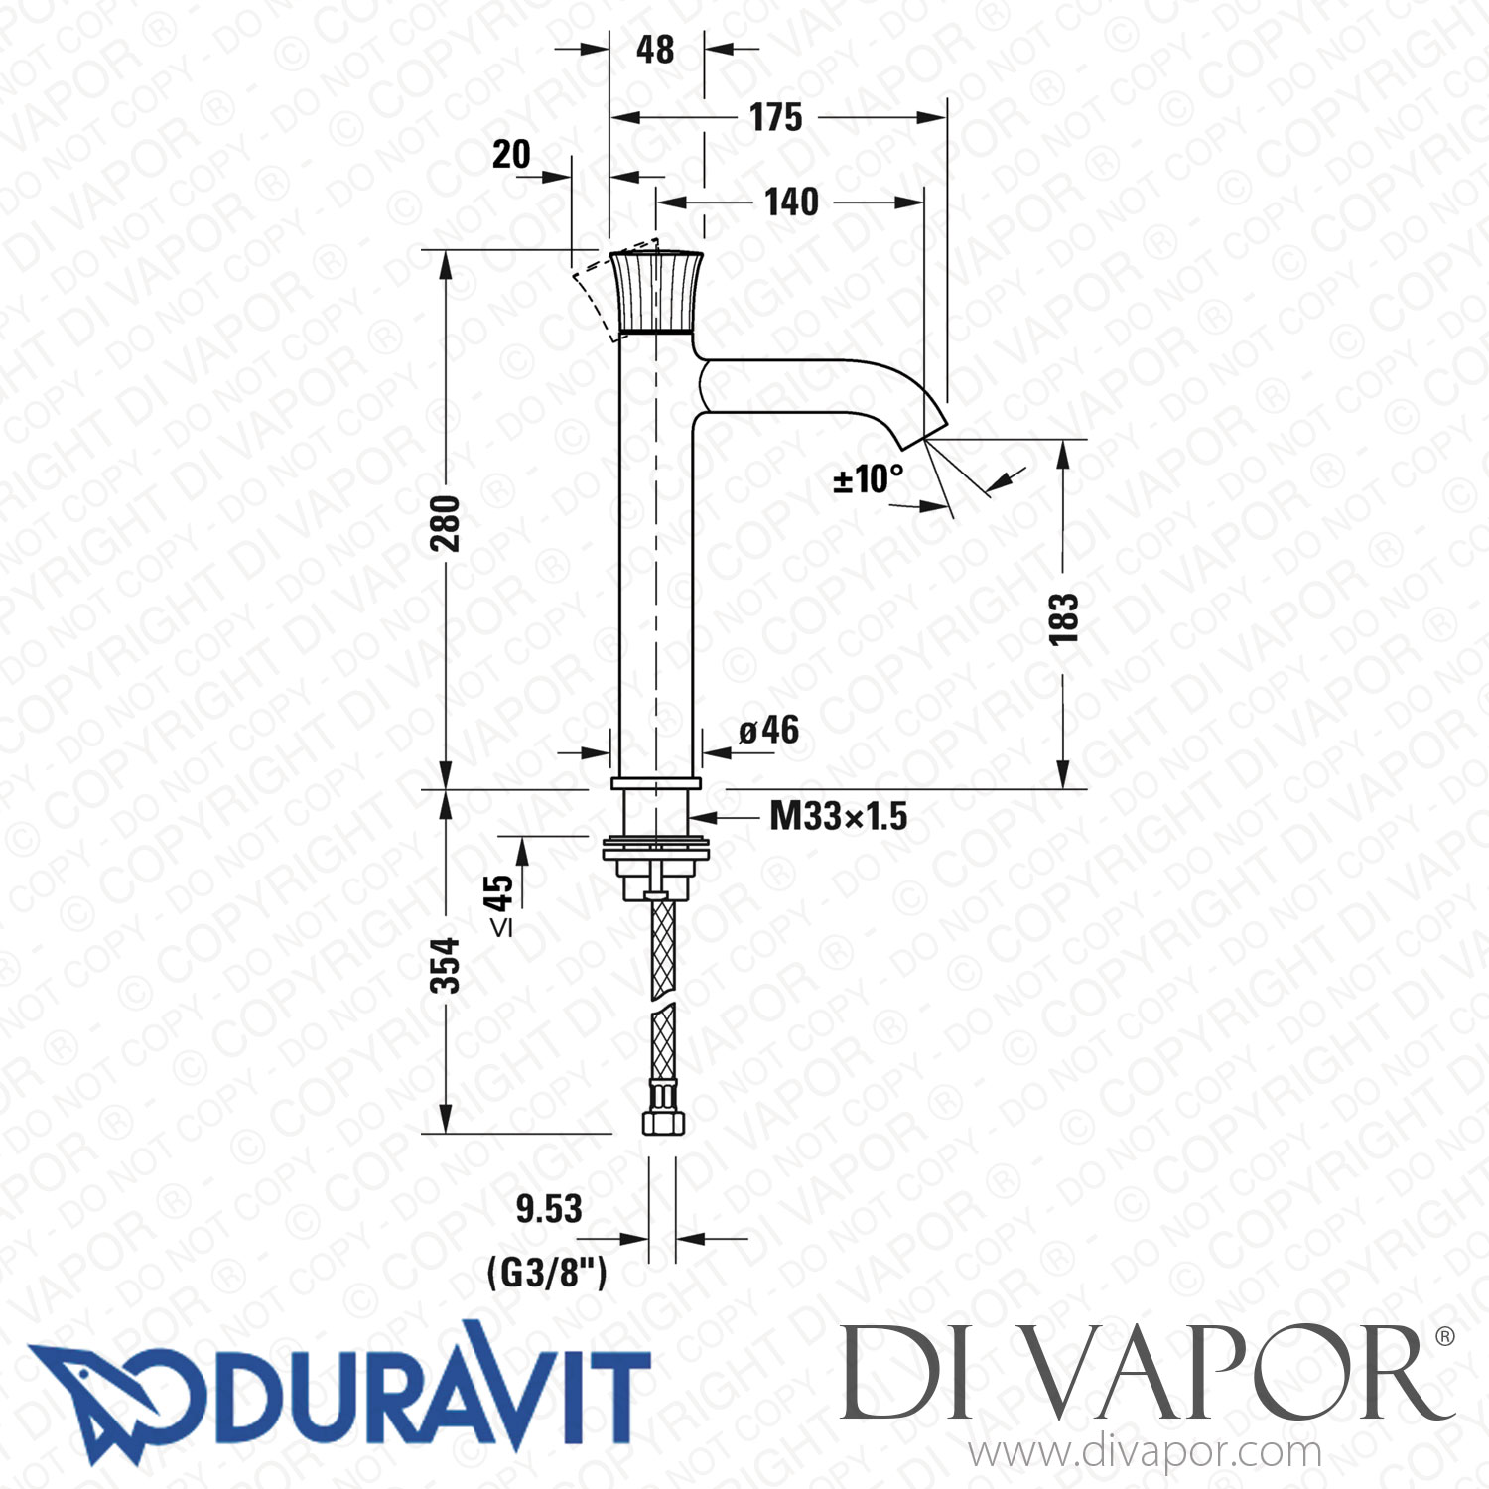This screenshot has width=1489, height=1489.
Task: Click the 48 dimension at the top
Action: click(x=655, y=49)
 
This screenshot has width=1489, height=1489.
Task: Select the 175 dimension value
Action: click(x=775, y=117)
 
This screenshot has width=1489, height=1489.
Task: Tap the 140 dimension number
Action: click(x=791, y=203)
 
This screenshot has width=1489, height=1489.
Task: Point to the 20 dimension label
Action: click(x=511, y=154)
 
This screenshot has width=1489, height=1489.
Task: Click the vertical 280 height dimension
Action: click(x=446, y=523)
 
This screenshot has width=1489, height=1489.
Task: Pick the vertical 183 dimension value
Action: click(x=1063, y=619)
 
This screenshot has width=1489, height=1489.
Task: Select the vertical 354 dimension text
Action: click(x=446, y=965)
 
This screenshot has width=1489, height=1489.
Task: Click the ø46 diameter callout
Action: click(x=769, y=731)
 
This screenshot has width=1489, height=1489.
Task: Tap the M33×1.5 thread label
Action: click(x=839, y=817)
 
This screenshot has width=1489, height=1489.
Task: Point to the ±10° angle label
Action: click(x=868, y=479)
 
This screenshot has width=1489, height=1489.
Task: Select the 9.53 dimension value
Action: click(x=549, y=1208)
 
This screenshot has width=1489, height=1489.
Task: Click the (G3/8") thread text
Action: click(x=547, y=1272)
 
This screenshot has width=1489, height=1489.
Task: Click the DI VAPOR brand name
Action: click(x=1142, y=1375)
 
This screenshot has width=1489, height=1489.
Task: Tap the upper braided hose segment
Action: click(x=663, y=948)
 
